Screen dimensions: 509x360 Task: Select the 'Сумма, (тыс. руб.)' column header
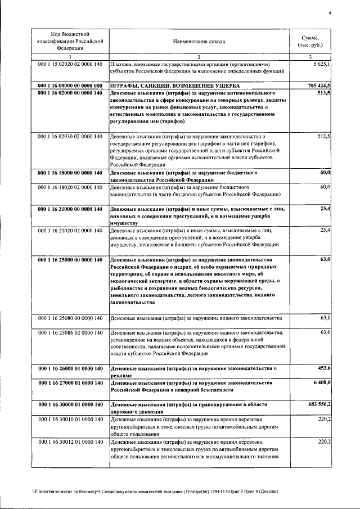pos(314,41)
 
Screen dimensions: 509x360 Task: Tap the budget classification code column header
pos(70,41)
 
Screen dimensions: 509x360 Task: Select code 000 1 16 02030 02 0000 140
pos(70,136)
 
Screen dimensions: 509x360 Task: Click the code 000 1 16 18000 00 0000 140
pos(70,173)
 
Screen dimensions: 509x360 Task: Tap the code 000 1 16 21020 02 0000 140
pos(70,230)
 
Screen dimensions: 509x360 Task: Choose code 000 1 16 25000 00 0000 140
pos(70,259)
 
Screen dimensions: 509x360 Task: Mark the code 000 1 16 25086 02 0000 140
pos(70,332)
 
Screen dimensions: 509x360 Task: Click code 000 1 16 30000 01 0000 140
pos(70,404)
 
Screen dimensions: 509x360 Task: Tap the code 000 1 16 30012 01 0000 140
pos(70,442)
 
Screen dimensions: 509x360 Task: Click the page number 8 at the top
pos(330,12)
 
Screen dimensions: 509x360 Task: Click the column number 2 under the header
pos(199,57)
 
